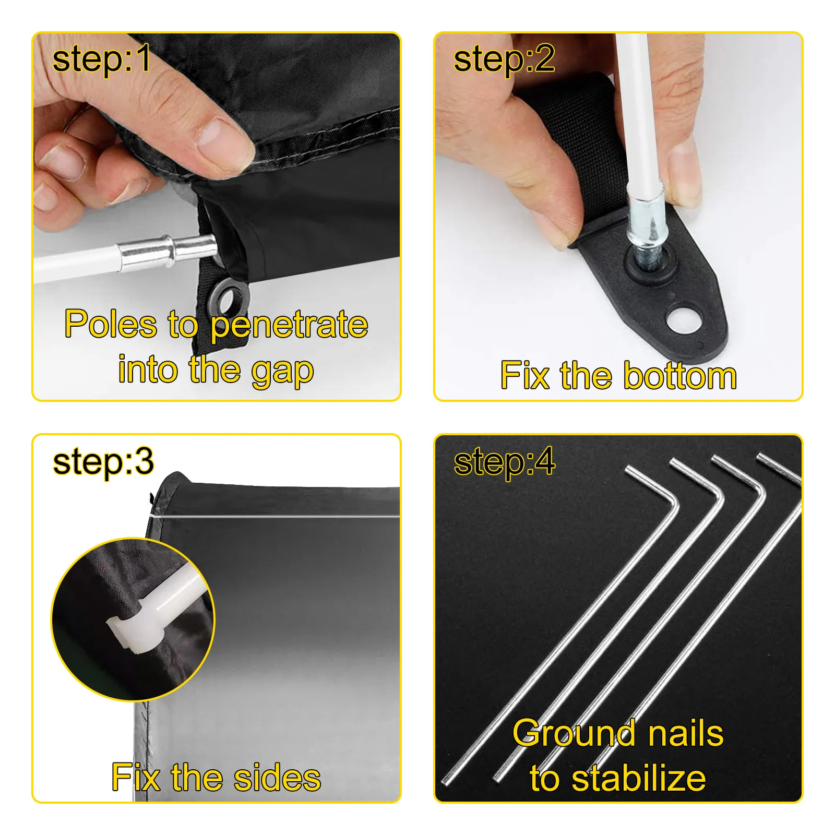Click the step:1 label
102,58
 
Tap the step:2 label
504,59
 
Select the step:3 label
103,461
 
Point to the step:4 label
504,461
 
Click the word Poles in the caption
111,324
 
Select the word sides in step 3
277,778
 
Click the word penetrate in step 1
289,325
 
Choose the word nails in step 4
685,733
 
